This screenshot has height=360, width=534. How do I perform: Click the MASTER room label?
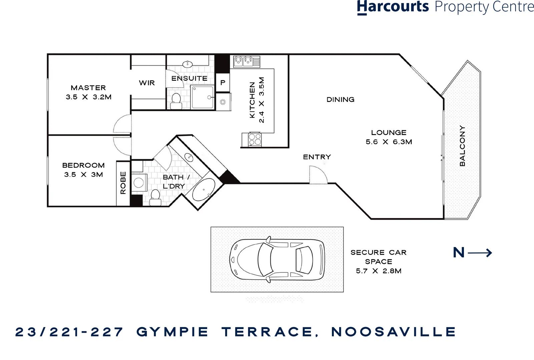tap(88, 88)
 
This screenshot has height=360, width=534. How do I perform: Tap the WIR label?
tap(147, 83)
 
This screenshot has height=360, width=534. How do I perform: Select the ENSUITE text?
tap(189, 78)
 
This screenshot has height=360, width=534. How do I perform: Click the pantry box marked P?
tap(222, 82)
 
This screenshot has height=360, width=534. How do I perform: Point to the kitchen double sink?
tap(243, 61)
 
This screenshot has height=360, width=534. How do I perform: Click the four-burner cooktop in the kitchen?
tap(255, 139)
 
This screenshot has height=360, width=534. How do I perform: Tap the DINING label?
tap(340, 99)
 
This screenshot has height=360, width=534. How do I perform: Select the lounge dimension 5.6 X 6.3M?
tap(389, 142)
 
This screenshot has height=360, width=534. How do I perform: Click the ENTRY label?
tap(317, 157)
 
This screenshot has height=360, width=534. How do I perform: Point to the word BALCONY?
tap(462, 146)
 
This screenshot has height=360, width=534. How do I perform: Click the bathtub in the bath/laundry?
tap(203, 189)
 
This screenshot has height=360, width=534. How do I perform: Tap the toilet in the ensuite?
tap(176, 101)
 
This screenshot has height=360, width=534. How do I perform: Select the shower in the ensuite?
tap(202, 97)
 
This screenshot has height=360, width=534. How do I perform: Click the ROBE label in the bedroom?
tap(123, 183)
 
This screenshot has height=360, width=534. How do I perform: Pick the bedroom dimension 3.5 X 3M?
tap(83, 174)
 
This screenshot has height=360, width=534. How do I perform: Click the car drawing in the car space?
tap(277, 260)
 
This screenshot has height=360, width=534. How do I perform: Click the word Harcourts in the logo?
tap(393, 7)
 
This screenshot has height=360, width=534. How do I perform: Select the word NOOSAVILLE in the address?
tap(394, 332)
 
